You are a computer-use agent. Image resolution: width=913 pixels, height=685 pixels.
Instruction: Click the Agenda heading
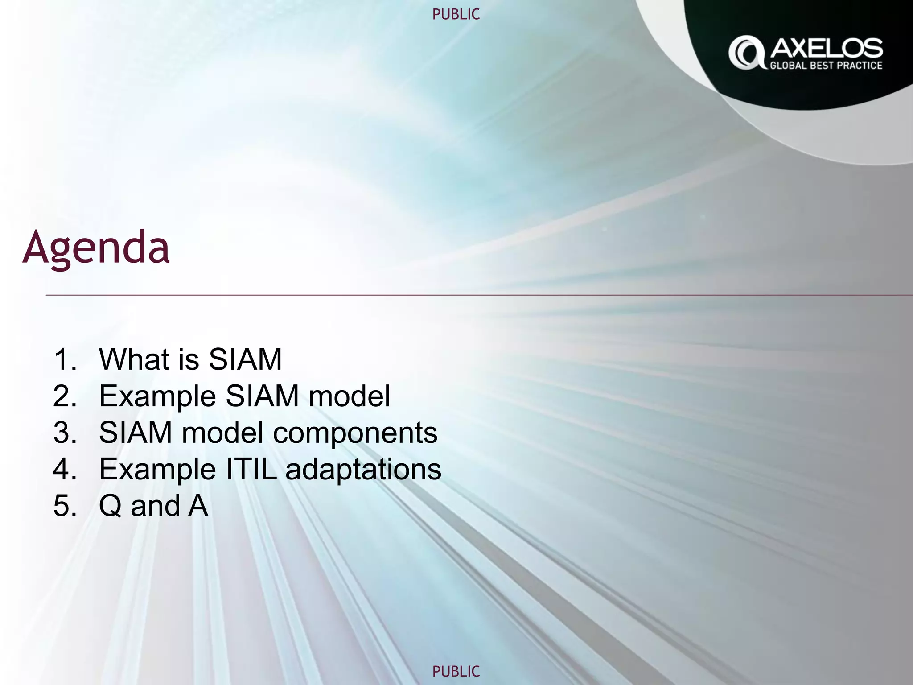(96, 248)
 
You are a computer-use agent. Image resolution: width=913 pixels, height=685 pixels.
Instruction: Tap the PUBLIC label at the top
(456, 14)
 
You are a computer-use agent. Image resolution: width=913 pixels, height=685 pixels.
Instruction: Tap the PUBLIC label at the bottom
(456, 671)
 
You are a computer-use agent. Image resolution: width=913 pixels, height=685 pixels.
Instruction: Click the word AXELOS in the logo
(826, 48)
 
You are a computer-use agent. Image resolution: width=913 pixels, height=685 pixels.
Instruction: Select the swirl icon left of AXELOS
(746, 53)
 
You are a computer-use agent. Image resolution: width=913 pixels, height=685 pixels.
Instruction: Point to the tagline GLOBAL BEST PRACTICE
(826, 66)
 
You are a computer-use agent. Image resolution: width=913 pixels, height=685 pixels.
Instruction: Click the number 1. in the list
(65, 359)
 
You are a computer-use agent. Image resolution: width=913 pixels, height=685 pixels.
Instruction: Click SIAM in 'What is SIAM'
(245, 359)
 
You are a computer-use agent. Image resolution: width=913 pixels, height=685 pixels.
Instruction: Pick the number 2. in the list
(65, 396)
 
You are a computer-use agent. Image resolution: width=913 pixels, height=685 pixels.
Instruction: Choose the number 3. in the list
(65, 433)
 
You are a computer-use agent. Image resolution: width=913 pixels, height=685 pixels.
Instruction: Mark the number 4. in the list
(65, 469)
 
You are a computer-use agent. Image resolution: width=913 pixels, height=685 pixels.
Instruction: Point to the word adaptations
(363, 470)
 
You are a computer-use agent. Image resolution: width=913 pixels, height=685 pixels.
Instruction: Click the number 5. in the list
(65, 506)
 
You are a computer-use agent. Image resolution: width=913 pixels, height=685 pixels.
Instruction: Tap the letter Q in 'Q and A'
(110, 507)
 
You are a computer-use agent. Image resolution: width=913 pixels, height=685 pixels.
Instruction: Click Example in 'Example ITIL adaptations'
(157, 470)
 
